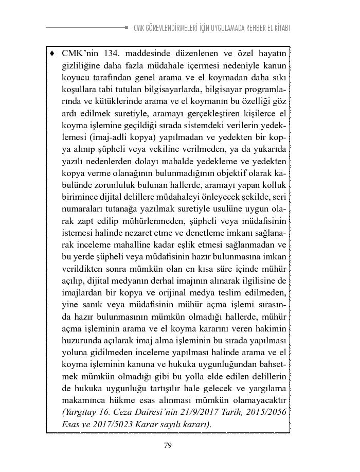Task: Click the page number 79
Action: click(168, 446)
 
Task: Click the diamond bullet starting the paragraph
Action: click(52, 53)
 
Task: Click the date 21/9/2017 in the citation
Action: click(186, 412)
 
